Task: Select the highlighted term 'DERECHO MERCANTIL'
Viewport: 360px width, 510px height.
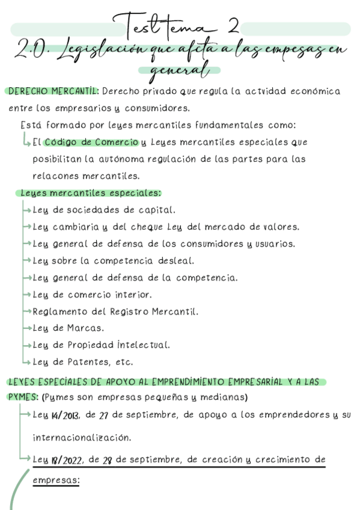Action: (53, 91)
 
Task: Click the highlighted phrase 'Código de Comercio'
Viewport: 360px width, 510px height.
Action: (91, 143)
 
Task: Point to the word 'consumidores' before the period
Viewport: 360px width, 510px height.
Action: (155, 109)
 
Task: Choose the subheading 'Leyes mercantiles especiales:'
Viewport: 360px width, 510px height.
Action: (90, 193)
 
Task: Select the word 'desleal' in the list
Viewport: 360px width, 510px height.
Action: (175, 261)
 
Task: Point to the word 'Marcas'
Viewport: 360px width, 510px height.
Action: (85, 328)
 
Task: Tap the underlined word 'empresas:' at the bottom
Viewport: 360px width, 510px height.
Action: (56, 481)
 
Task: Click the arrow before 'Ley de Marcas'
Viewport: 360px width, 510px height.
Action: (26, 328)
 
